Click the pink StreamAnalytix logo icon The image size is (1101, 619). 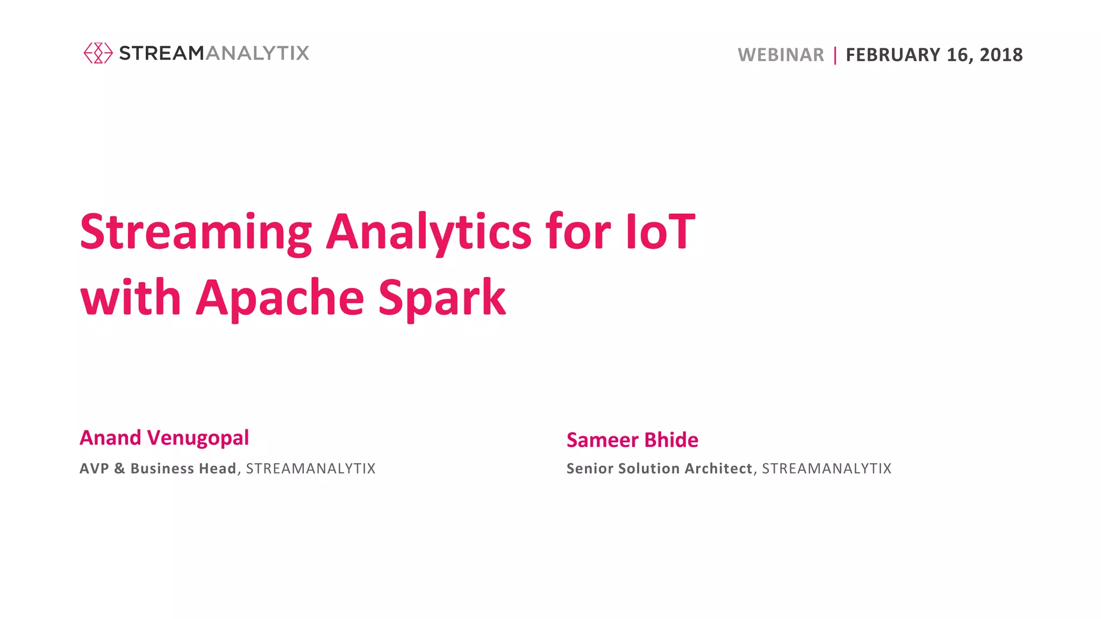(x=98, y=53)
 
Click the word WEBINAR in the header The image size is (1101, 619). (x=781, y=55)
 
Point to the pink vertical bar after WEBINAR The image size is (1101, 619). (x=835, y=55)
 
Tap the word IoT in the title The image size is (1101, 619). (x=660, y=232)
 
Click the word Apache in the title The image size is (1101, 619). (x=280, y=298)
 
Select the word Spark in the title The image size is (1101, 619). (x=442, y=298)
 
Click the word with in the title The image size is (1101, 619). (x=131, y=298)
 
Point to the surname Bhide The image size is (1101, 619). (x=671, y=440)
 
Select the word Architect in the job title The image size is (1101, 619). (x=718, y=469)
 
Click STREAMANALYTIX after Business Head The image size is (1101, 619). (x=311, y=469)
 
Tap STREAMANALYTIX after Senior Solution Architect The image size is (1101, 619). (x=827, y=469)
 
